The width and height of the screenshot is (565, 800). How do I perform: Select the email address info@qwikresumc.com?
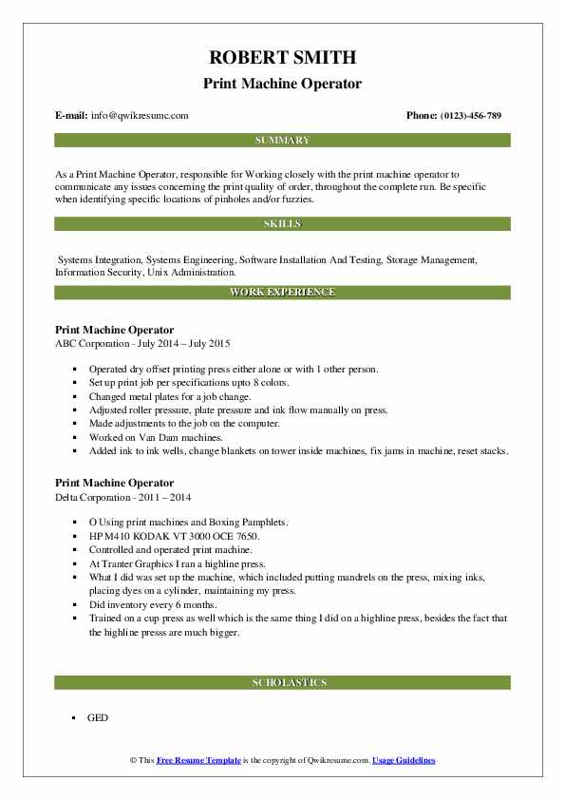[x=140, y=116]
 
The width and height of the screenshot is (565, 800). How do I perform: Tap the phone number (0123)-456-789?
[x=467, y=116]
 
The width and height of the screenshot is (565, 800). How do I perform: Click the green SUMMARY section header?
[x=282, y=141]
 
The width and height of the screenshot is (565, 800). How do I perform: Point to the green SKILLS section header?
[x=282, y=224]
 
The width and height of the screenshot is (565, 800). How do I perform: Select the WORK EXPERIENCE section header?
[x=282, y=292]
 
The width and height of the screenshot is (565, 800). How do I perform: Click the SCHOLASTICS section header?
[x=282, y=682]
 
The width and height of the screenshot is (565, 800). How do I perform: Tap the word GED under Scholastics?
[x=98, y=717]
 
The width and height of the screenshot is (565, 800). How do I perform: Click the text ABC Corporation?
[x=92, y=343]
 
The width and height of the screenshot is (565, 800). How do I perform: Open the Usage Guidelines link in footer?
[x=404, y=761]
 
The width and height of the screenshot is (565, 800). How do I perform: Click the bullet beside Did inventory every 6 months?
[x=74, y=603]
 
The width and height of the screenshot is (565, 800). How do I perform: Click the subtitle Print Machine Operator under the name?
[x=282, y=84]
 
